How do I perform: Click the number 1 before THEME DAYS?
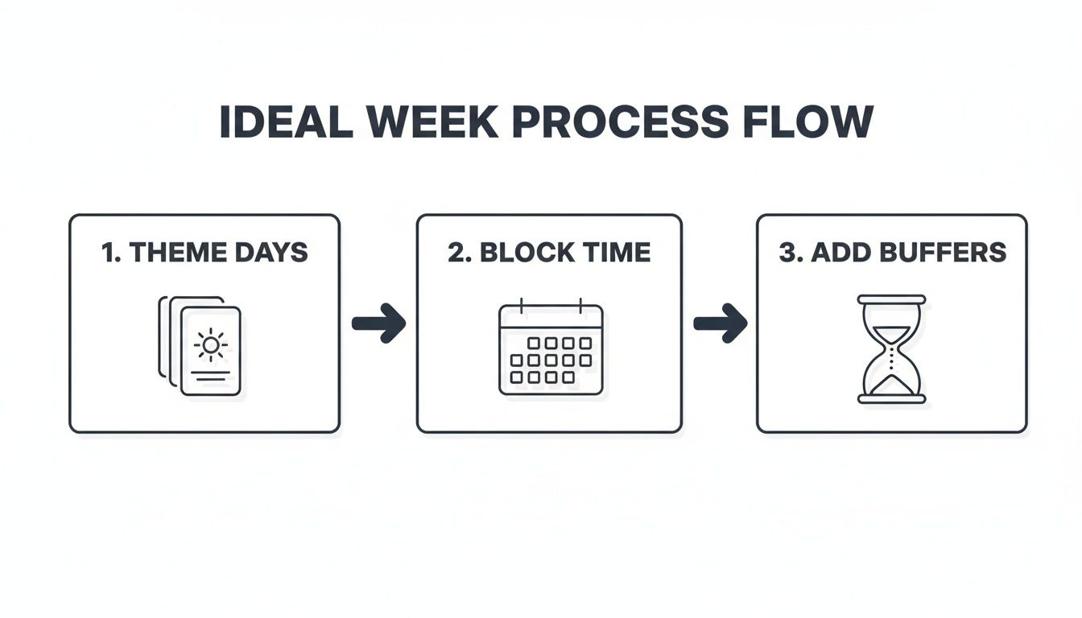109,252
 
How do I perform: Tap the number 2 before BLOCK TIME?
456,252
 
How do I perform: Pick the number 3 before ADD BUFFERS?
788,252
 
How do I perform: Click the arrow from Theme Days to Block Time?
378,323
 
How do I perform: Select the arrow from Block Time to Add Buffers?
720,323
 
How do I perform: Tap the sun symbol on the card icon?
210,345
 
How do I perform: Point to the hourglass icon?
891,348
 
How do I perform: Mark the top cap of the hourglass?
891,299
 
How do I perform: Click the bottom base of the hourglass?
891,398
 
